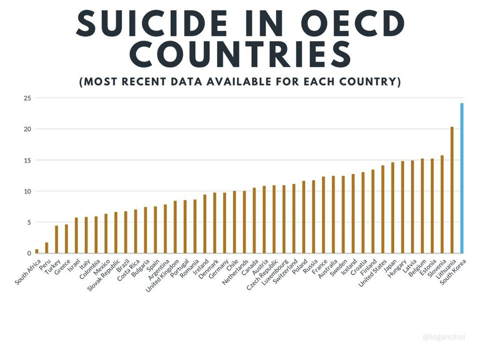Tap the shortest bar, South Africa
[x=36, y=251]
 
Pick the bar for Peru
[x=46, y=248]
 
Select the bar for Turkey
[x=56, y=239]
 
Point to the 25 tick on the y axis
[x=27, y=98]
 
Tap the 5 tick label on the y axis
[x=28, y=222]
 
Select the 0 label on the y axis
[x=29, y=253]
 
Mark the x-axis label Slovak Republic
[x=103, y=276]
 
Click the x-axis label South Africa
[x=27, y=272]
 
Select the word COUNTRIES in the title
[x=240, y=54]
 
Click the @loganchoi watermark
[x=444, y=337]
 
